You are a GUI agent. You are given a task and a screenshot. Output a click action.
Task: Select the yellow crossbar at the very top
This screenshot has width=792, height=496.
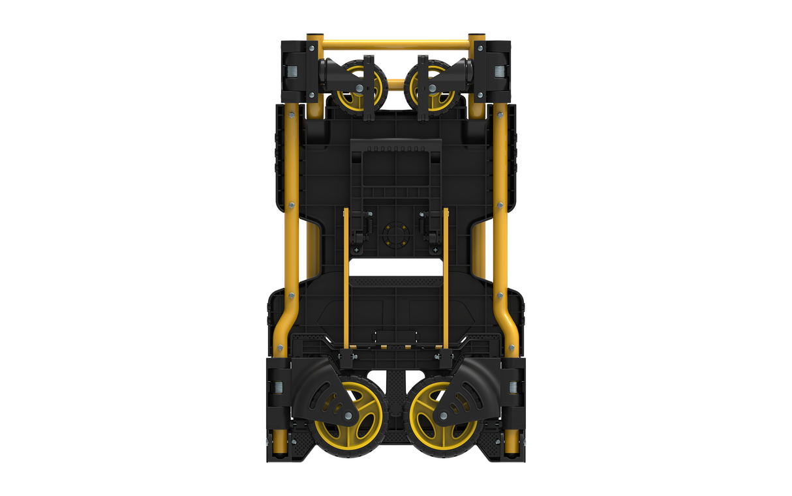click(x=396, y=45)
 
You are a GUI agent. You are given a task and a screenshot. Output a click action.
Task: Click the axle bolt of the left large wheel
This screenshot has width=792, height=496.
click(x=348, y=416)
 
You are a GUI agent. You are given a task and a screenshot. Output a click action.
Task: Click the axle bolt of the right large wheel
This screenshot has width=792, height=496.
click(x=444, y=416)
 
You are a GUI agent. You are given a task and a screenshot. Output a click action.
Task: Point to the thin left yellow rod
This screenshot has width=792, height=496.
click(x=346, y=280)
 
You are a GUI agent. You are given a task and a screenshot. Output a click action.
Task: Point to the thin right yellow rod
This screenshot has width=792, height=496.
click(x=446, y=280)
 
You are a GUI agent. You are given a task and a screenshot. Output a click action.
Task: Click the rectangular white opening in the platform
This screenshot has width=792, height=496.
click(x=396, y=267)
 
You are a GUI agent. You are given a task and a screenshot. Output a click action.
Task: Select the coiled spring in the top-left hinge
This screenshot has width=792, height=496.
click(x=293, y=72)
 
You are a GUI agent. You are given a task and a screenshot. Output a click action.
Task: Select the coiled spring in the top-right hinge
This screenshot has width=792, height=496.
click(x=500, y=72)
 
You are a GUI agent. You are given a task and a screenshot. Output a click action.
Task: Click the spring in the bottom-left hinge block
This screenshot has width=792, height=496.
click(x=279, y=388)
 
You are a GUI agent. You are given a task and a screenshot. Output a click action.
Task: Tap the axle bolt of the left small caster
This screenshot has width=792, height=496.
click(x=359, y=89)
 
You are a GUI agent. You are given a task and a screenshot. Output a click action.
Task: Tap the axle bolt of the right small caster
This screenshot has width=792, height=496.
click(x=433, y=89)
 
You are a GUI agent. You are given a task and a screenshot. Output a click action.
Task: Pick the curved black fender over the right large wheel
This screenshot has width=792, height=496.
click(x=470, y=391)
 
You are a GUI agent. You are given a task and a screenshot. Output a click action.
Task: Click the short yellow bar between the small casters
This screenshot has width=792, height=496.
click(x=396, y=83)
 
